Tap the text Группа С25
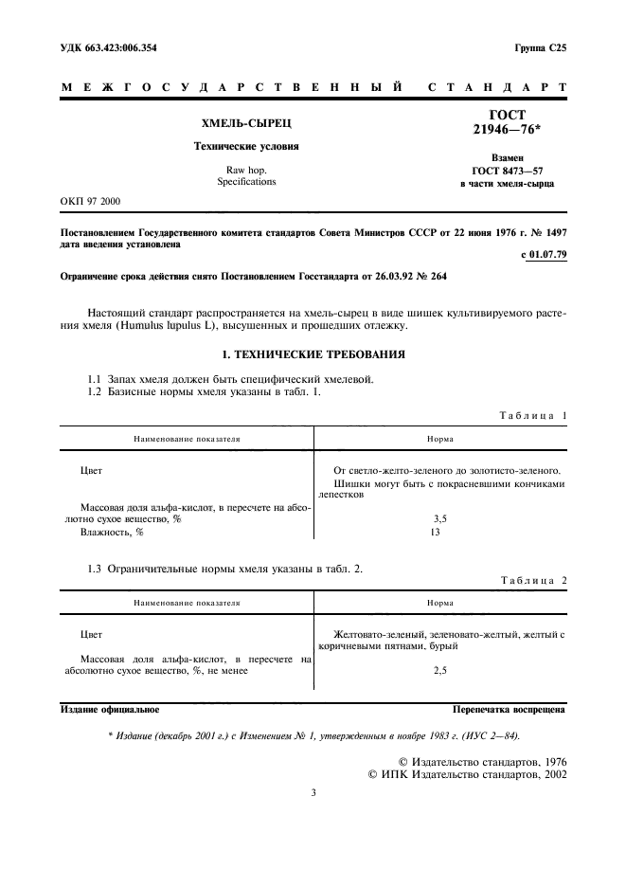pos(540,46)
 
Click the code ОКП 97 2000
pos(91,201)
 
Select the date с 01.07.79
pos(544,255)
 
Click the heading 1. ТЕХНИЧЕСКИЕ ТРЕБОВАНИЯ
pos(313,354)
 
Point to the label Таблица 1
pos(532,416)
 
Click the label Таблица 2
pos(532,580)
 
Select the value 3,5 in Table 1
pos(439,519)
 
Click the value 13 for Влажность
pos(436,533)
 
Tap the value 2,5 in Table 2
pos(439,670)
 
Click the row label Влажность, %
pos(111,533)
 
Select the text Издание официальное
pos(110,708)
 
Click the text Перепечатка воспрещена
pos(510,708)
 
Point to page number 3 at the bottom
pos(313,792)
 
